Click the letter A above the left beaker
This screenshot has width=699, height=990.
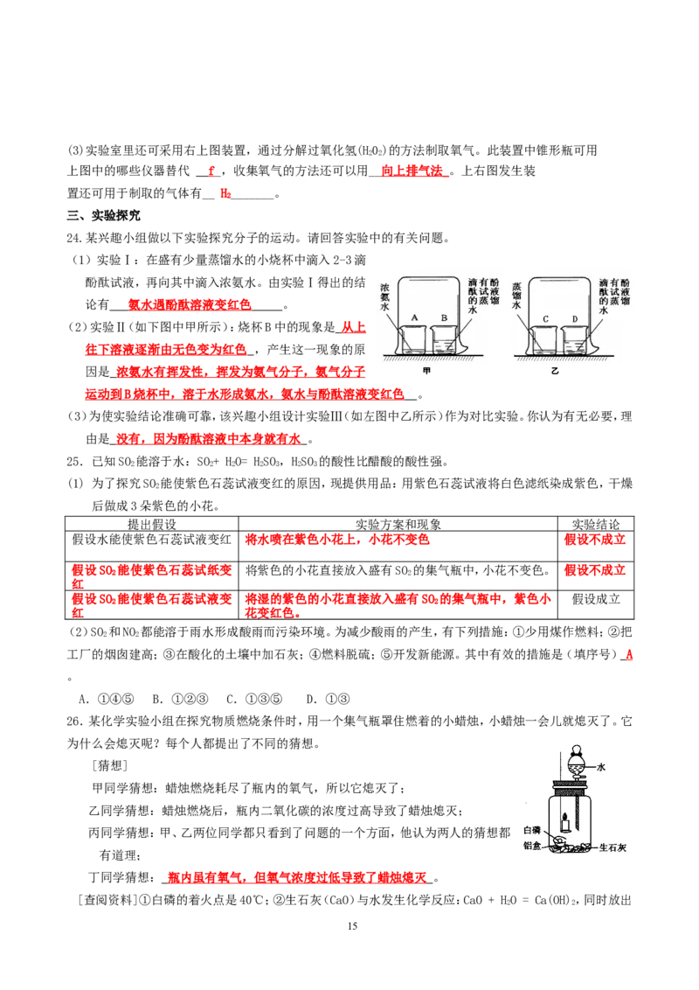pyautogui.click(x=415, y=317)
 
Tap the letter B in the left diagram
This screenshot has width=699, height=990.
pyautogui.click(x=444, y=317)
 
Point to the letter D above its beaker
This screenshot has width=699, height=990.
pyautogui.click(x=575, y=318)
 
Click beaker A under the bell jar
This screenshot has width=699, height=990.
pyautogui.click(x=414, y=340)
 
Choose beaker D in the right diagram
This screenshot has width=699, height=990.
pyautogui.click(x=576, y=341)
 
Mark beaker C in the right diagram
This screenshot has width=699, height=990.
pyautogui.click(x=545, y=341)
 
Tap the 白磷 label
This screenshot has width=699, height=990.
pyautogui.click(x=532, y=829)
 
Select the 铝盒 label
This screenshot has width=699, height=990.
pyautogui.click(x=532, y=846)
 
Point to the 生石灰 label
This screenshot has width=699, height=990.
pyautogui.click(x=615, y=847)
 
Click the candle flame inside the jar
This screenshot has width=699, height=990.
pyautogui.click(x=565, y=815)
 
